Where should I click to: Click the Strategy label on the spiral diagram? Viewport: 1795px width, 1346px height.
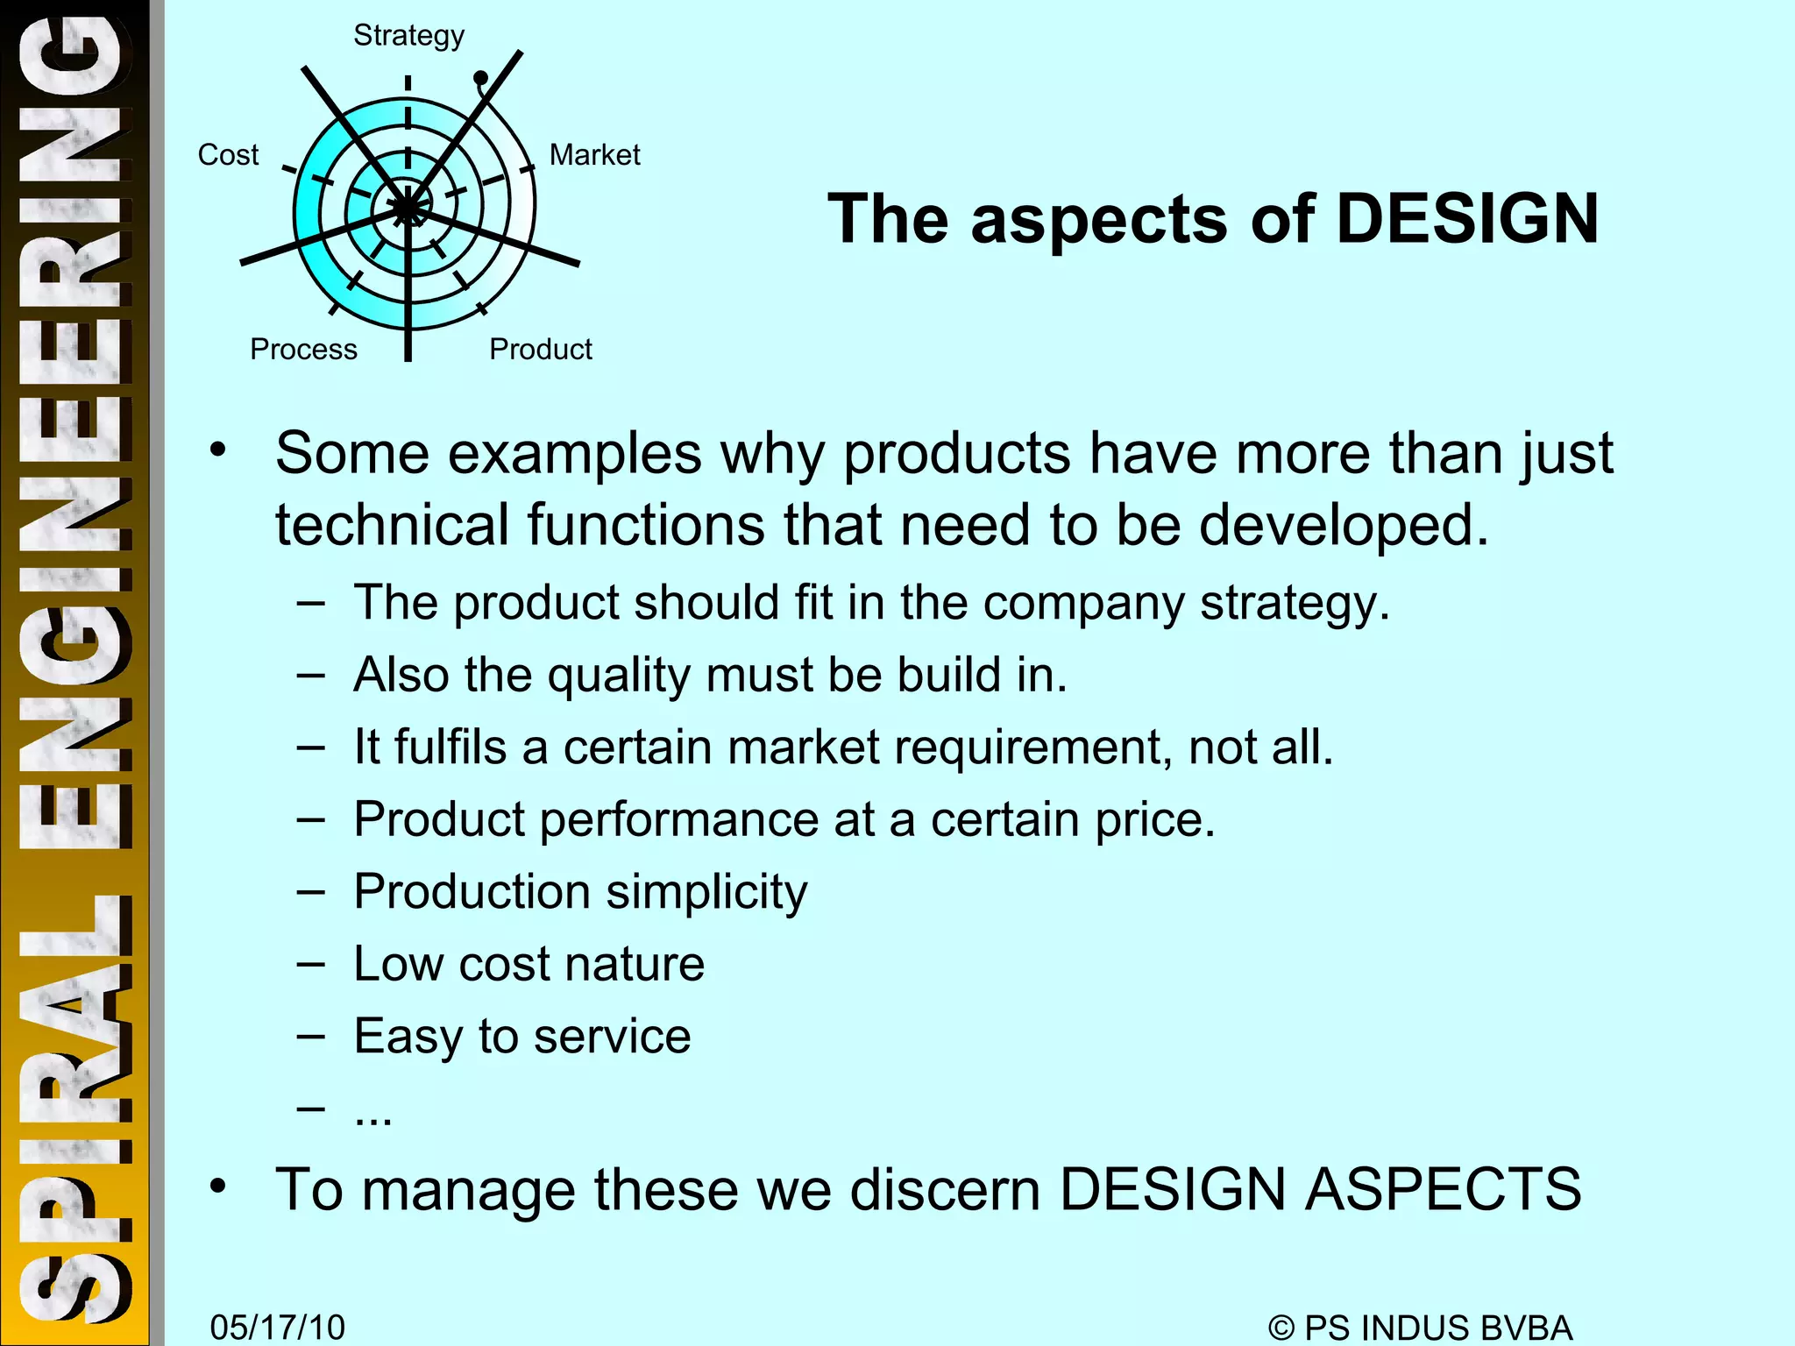point(408,36)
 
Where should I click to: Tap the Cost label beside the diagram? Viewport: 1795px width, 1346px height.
point(228,155)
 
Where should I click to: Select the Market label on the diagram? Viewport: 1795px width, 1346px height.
point(594,155)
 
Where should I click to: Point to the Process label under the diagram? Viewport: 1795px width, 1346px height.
point(303,350)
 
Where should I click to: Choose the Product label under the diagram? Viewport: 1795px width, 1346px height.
point(540,350)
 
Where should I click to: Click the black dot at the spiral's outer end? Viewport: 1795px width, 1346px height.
point(480,79)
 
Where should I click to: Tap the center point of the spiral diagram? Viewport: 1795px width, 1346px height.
point(408,209)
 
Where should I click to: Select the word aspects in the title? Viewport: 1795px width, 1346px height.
point(1099,219)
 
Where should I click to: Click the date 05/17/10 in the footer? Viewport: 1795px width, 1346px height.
point(277,1327)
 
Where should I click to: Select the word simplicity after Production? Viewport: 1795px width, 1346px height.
point(706,893)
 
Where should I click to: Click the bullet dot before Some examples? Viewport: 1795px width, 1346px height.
point(217,450)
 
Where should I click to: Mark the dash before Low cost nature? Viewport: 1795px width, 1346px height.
point(310,964)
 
